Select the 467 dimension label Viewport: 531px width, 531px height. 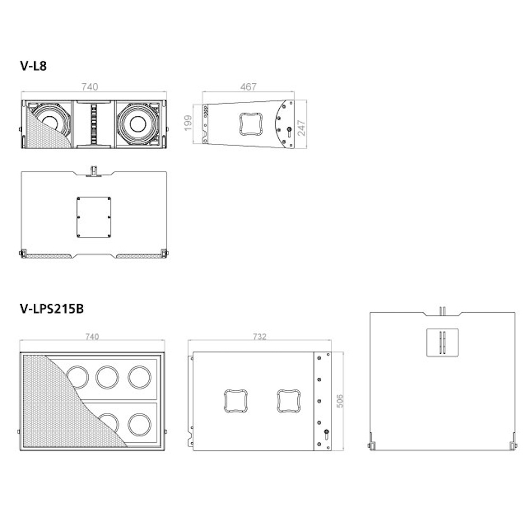pos(248,87)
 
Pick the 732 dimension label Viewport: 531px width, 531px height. pos(260,337)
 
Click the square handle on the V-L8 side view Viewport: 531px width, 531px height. pos(250,124)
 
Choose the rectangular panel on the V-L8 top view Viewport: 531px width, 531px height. pos(93,217)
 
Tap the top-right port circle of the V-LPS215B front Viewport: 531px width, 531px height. pos(140,376)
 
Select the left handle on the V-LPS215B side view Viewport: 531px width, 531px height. pos(234,401)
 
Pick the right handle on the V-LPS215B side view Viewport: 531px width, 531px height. pos(288,401)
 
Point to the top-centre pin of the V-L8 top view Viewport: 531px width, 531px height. pos(93,171)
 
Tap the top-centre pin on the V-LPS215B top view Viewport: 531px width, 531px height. pos(442,310)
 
